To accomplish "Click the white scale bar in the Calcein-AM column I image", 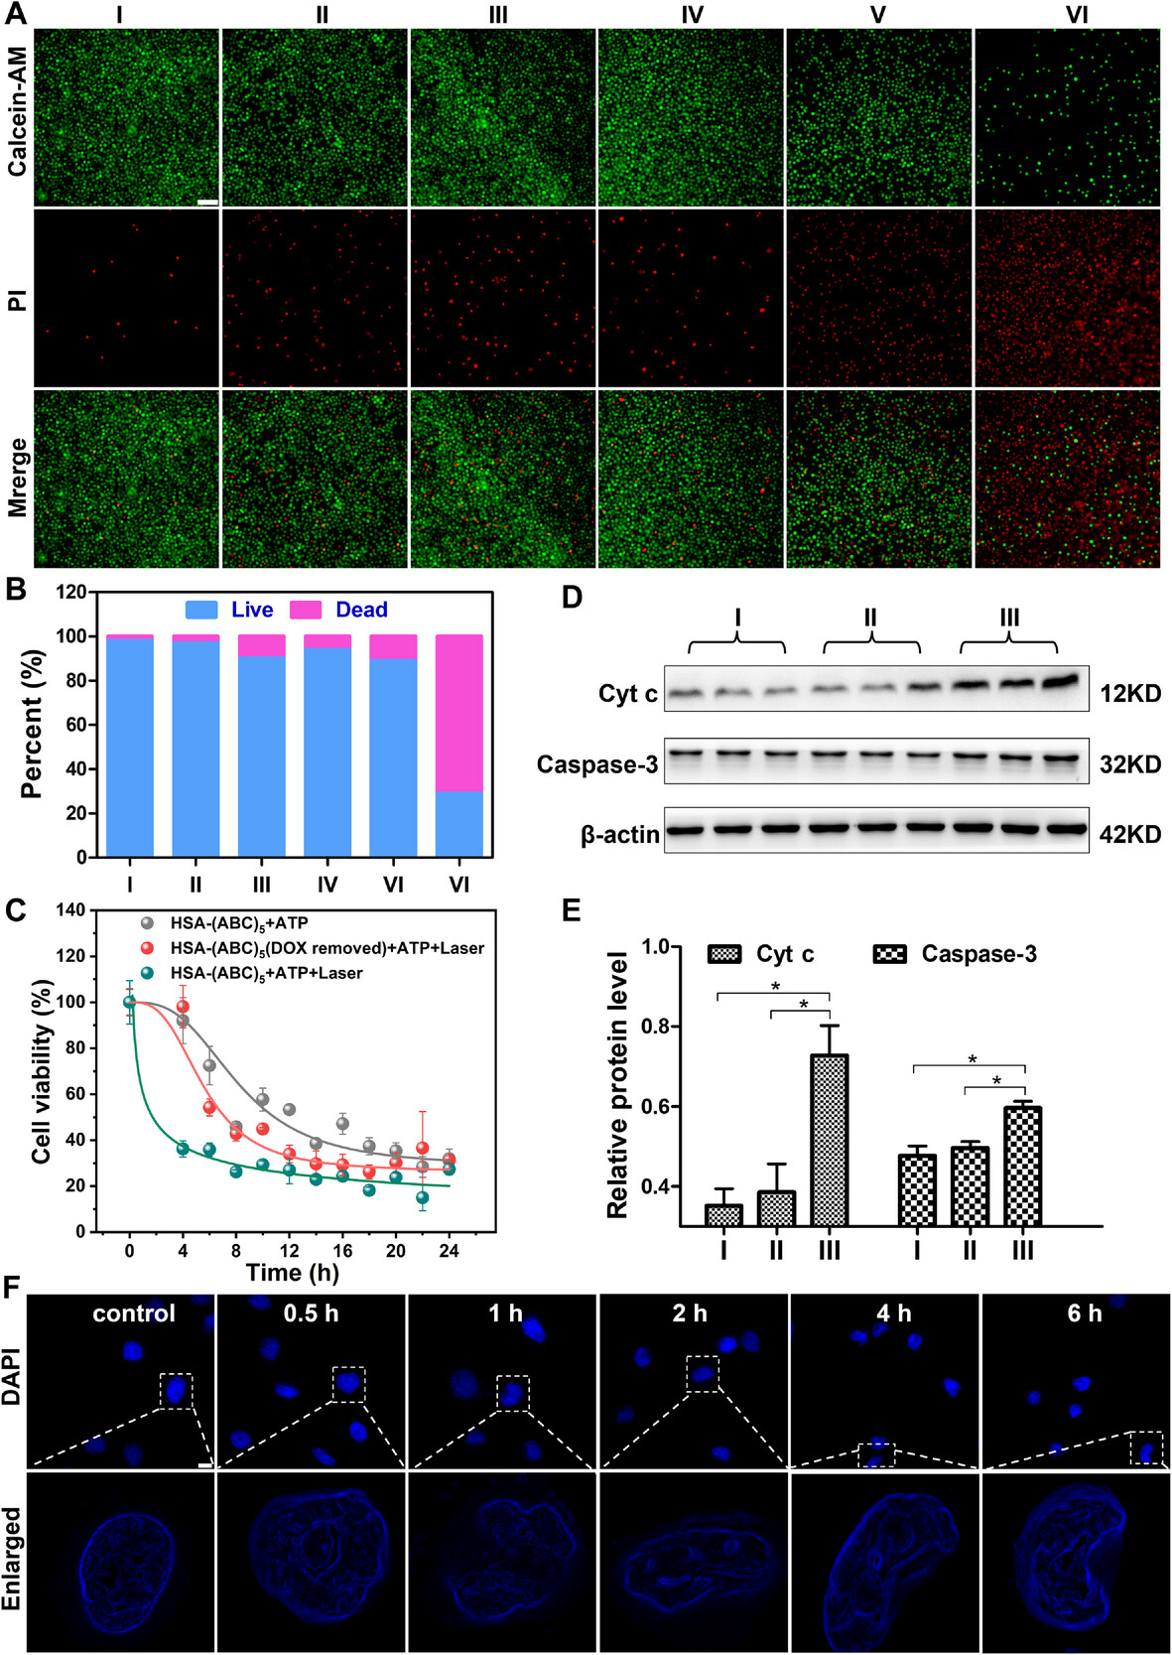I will pyautogui.click(x=207, y=202).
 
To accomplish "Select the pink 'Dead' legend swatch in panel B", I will pyautogui.click(x=306, y=610).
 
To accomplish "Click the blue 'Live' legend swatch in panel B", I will pyautogui.click(x=201, y=610).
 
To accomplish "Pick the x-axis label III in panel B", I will pyautogui.click(x=261, y=884).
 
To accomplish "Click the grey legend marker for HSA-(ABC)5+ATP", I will pyautogui.click(x=148, y=922).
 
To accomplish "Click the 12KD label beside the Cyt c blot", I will pyautogui.click(x=1130, y=693).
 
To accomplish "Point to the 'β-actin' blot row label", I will pyautogui.click(x=619, y=835).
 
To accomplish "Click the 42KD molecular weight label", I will pyautogui.click(x=1130, y=835).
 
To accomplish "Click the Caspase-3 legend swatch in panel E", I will pyautogui.click(x=889, y=954).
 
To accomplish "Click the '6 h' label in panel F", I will pyautogui.click(x=1084, y=1313).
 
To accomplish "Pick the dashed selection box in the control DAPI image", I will pyautogui.click(x=176, y=1390).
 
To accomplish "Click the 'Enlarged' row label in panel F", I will pyautogui.click(x=13, y=1558).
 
